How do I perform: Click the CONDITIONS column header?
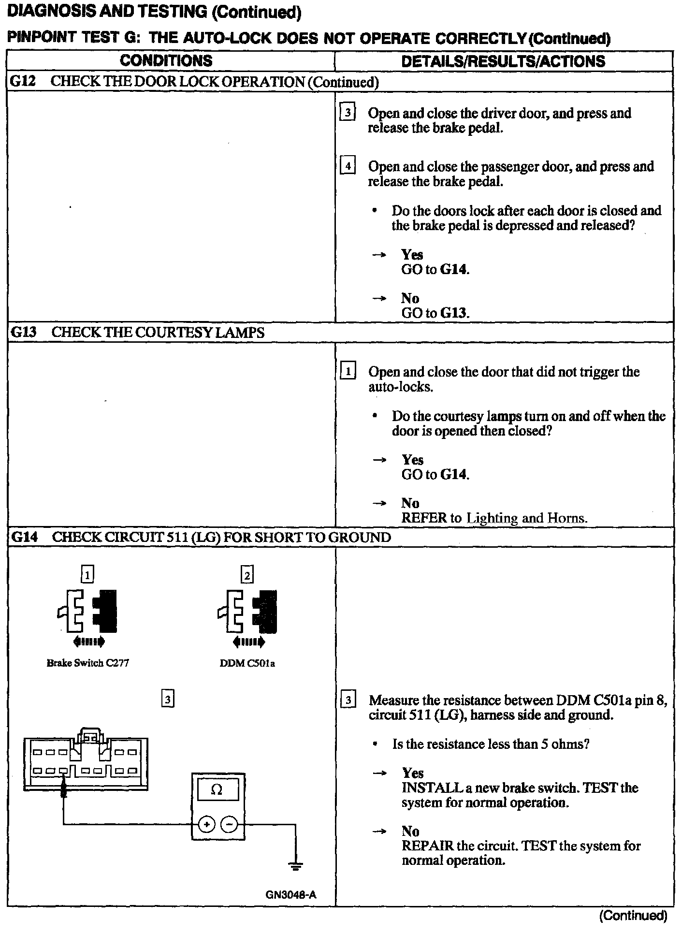pos(166,61)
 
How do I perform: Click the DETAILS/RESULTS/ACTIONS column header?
pos(503,61)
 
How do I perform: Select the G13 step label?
pos(23,332)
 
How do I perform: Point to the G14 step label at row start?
pos(24,537)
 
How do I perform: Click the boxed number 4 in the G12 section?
pos(348,166)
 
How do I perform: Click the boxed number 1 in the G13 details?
pos(348,372)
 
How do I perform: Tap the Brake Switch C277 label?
pos(87,663)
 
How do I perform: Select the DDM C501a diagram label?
pos(247,663)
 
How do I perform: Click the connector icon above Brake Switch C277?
pos(87,611)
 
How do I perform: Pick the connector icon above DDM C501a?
pos(247,611)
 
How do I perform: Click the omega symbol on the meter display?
pos(217,789)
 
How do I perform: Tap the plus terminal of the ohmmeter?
pos(206,824)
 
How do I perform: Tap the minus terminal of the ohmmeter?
pos(230,824)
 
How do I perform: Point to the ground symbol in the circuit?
pos(296,865)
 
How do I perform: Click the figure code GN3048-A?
pos(290,894)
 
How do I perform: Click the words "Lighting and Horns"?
pos(526,519)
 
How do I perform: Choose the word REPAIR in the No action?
pos(427,846)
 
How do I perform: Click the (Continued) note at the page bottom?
pos(633,915)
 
